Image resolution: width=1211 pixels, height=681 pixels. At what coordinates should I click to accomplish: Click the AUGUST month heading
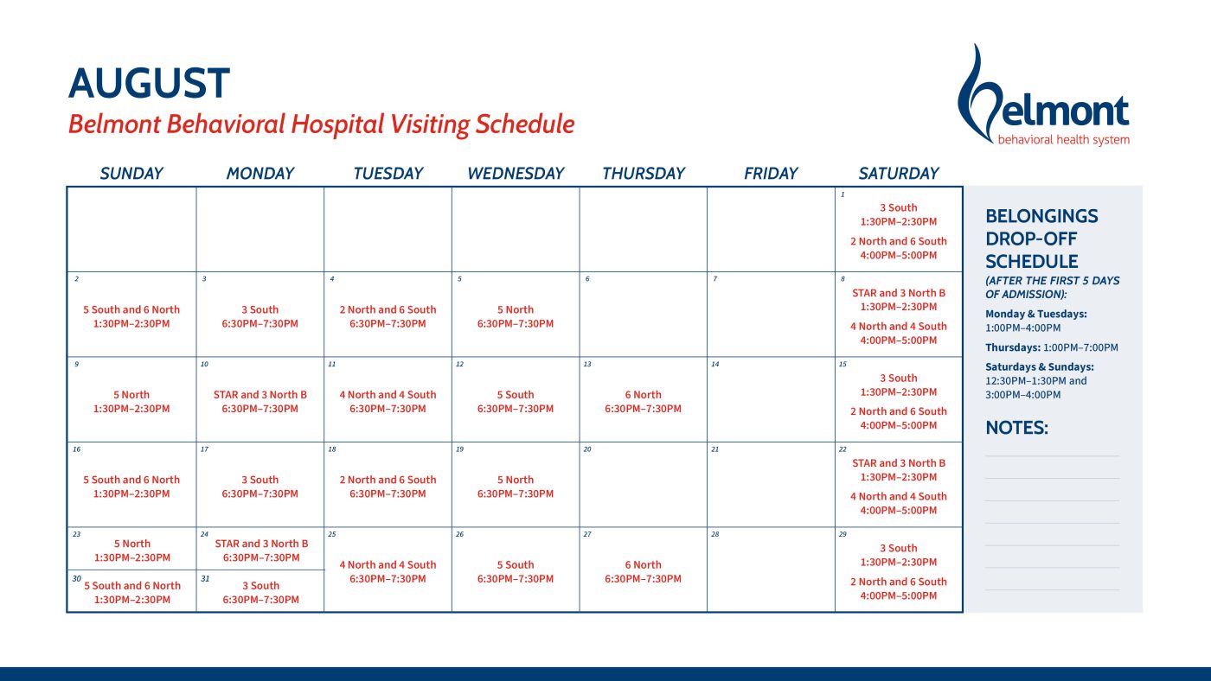point(149,83)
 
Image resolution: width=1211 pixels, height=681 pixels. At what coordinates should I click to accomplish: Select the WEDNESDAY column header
point(516,174)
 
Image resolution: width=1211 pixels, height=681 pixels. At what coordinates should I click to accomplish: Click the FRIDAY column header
point(771,174)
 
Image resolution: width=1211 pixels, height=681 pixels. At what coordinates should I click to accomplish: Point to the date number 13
point(587,364)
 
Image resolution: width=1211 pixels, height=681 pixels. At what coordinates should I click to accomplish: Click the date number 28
point(714,534)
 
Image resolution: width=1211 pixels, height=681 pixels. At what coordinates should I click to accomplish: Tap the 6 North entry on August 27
point(643,565)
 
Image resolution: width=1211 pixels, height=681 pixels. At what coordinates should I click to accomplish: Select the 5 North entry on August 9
point(131,395)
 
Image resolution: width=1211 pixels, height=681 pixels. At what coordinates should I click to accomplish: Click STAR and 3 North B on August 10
point(260,395)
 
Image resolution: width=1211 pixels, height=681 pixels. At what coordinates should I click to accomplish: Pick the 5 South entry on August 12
point(516,395)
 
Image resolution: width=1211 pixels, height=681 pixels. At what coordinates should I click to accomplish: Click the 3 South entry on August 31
point(260,585)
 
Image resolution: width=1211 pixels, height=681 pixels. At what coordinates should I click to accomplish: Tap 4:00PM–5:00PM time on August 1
point(899,256)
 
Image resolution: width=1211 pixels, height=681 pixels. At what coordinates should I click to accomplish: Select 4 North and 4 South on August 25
point(388,565)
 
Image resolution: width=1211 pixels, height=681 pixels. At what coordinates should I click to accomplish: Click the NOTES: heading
point(1016,428)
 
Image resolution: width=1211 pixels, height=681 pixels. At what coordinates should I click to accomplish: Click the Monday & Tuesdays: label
point(1036,314)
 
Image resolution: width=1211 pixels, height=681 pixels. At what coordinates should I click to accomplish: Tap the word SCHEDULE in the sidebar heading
point(1031,261)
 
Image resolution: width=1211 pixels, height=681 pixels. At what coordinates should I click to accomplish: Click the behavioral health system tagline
point(1063,140)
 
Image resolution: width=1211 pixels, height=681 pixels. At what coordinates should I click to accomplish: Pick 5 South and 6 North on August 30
point(132,585)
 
